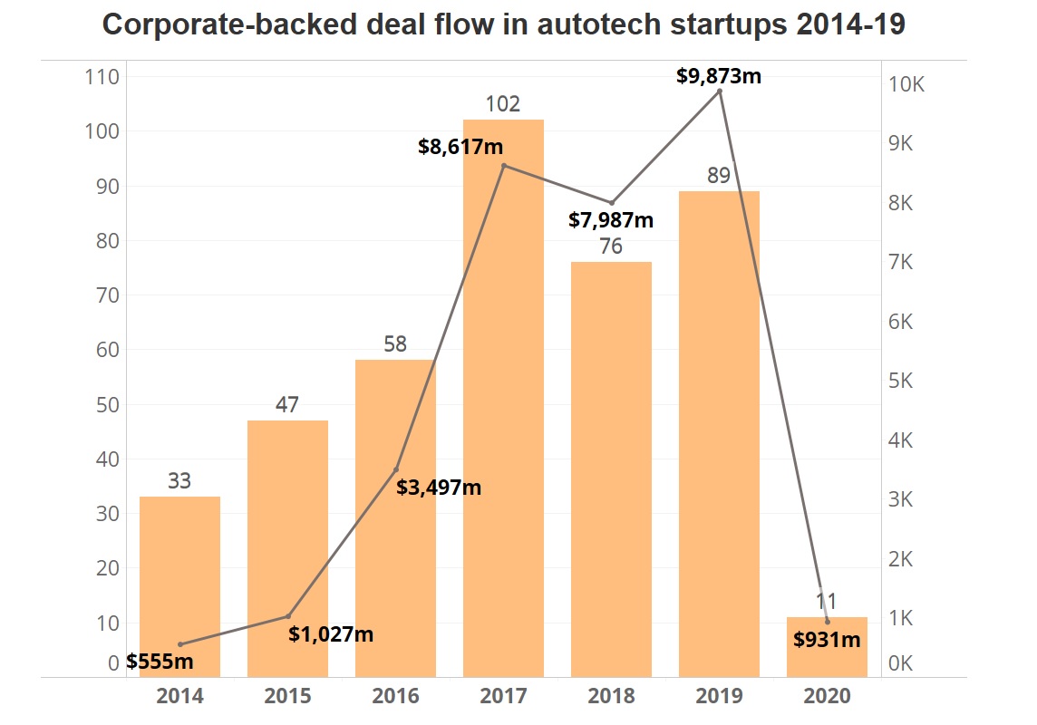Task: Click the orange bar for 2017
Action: [x=503, y=399]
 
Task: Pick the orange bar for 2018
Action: [x=611, y=471]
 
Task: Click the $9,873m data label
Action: [x=719, y=76]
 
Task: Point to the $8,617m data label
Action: [x=460, y=146]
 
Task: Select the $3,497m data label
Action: [x=439, y=488]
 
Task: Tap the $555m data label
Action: [x=160, y=662]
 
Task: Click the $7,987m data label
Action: [x=611, y=219]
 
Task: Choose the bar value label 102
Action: [x=503, y=104]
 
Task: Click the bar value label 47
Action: [x=287, y=405]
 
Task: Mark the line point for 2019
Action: [x=720, y=91]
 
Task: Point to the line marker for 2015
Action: [x=288, y=616]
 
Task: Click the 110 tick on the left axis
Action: [x=102, y=78]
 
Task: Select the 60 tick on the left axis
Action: [x=107, y=350]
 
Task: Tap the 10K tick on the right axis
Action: [x=906, y=85]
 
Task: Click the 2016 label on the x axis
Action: [x=396, y=697]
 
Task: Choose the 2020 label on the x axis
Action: [x=828, y=697]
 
